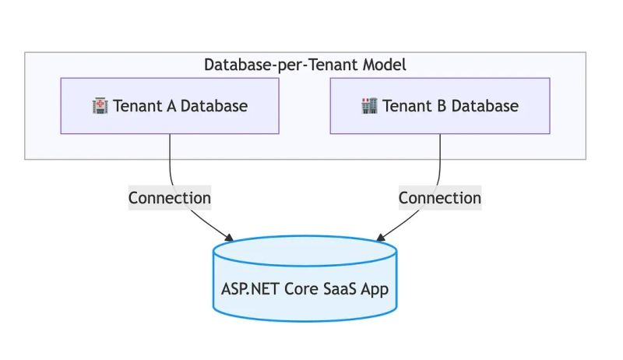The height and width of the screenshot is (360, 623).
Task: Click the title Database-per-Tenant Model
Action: [x=304, y=65]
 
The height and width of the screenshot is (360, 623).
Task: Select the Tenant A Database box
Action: [x=170, y=106]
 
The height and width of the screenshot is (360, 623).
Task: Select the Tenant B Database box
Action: [x=439, y=106]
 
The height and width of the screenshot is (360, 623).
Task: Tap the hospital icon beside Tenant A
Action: [x=100, y=106]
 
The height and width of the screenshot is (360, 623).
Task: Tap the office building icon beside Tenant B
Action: [x=370, y=106]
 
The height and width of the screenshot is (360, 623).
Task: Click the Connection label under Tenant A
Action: [x=170, y=198]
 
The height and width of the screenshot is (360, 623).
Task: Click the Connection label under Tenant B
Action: [x=440, y=198]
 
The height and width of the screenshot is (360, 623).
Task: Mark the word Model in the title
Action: [x=385, y=65]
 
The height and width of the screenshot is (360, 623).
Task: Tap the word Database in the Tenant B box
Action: [x=484, y=106]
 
